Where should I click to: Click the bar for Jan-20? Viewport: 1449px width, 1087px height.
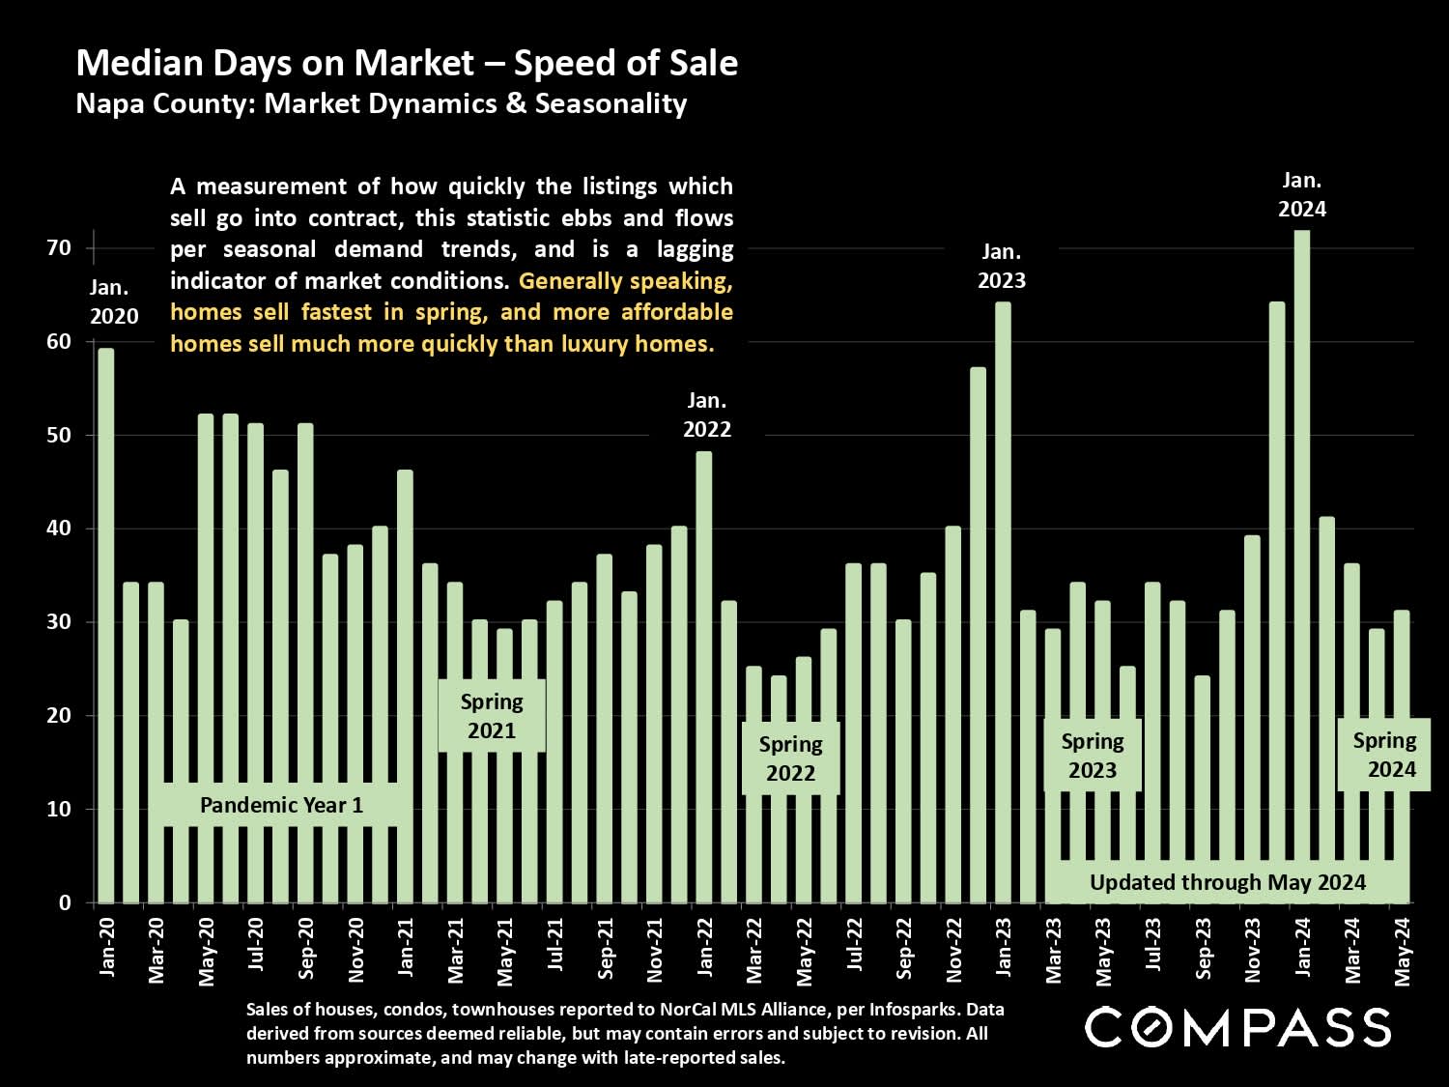click(x=106, y=628)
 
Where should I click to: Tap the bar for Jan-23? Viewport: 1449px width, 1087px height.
click(x=1003, y=599)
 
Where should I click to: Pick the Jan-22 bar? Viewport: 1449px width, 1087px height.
click(x=704, y=676)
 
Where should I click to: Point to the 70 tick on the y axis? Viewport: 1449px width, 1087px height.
click(x=59, y=248)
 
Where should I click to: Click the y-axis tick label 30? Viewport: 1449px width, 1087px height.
click(x=59, y=622)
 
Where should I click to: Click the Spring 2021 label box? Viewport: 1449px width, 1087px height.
click(x=492, y=716)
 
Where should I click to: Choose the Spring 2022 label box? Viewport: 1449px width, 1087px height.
click(x=790, y=758)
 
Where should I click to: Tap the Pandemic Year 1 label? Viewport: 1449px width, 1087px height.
click(x=281, y=805)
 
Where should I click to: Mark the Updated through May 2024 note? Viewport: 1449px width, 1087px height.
click(x=1227, y=882)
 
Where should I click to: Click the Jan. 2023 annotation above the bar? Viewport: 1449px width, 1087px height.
click(x=1002, y=267)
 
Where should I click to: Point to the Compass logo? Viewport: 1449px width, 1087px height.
click(x=1237, y=1027)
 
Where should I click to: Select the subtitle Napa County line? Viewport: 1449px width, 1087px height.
click(x=381, y=103)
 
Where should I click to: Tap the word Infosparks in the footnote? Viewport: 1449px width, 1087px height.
click(x=913, y=1010)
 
